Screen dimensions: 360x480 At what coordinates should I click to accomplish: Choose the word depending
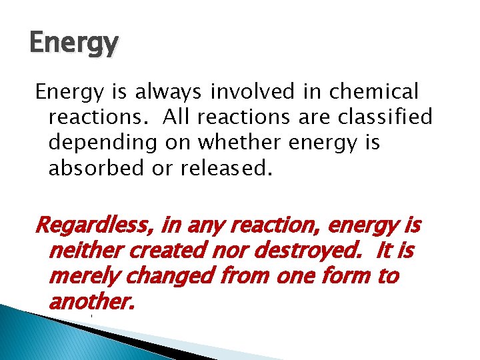click(101, 143)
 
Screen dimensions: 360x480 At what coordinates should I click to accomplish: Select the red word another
click(91, 302)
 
